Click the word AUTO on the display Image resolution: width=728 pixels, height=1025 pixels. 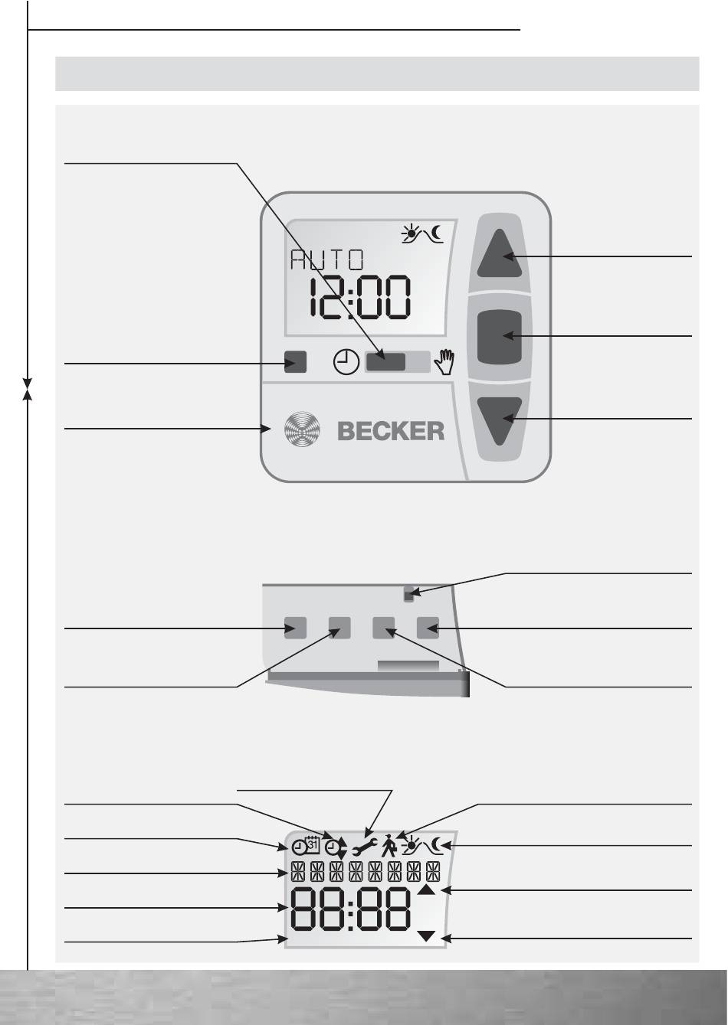coord(327,260)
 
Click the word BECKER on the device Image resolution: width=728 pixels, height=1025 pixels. coord(391,430)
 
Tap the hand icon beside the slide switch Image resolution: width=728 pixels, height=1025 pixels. coord(444,361)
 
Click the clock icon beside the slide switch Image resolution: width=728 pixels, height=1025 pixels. coord(346,361)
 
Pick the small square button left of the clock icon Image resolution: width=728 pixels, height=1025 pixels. coord(295,361)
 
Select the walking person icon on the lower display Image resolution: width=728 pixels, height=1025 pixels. coord(389,845)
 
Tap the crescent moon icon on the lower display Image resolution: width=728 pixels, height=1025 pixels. coord(438,845)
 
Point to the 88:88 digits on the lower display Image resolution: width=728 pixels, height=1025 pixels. coord(349,910)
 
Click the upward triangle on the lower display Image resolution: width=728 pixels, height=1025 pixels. coord(427,890)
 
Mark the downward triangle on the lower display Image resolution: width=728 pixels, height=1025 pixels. coord(427,936)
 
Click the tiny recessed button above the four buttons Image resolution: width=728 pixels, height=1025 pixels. coord(408,591)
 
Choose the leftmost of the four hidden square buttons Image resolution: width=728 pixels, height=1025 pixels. coord(295,628)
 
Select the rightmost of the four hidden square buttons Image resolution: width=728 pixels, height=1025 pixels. coord(428,628)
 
